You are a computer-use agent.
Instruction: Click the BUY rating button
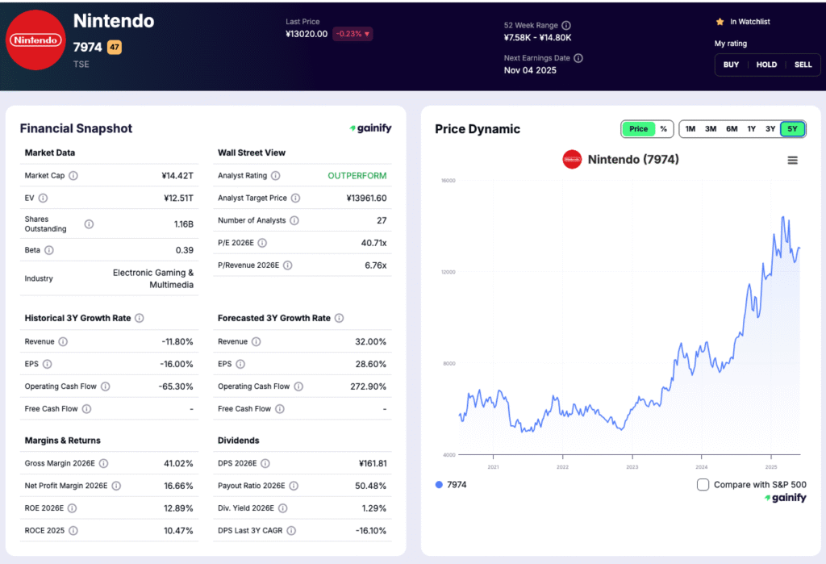(x=731, y=65)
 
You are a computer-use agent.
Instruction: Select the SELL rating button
(x=803, y=65)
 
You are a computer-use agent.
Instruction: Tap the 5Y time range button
(x=793, y=129)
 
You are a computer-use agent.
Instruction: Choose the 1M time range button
(x=690, y=129)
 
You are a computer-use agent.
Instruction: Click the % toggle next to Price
(x=663, y=129)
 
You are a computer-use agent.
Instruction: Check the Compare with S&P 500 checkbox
(x=703, y=485)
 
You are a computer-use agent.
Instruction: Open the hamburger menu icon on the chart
(x=792, y=160)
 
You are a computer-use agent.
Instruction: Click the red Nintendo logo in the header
(x=35, y=40)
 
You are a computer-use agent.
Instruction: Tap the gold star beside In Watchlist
(x=720, y=22)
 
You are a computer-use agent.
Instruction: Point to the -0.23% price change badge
(x=353, y=34)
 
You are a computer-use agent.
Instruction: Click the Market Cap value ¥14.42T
(x=177, y=175)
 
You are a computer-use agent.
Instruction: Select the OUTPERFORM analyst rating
(x=357, y=175)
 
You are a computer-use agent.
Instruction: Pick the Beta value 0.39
(x=184, y=250)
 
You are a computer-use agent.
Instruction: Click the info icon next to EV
(x=43, y=198)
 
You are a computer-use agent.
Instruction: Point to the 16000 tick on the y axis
(x=448, y=180)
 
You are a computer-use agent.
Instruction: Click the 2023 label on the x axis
(x=632, y=466)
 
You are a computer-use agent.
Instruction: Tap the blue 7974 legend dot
(x=439, y=485)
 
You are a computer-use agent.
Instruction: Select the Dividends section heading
(x=238, y=441)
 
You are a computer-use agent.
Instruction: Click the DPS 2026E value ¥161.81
(x=366, y=463)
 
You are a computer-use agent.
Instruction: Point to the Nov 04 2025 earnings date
(x=531, y=70)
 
